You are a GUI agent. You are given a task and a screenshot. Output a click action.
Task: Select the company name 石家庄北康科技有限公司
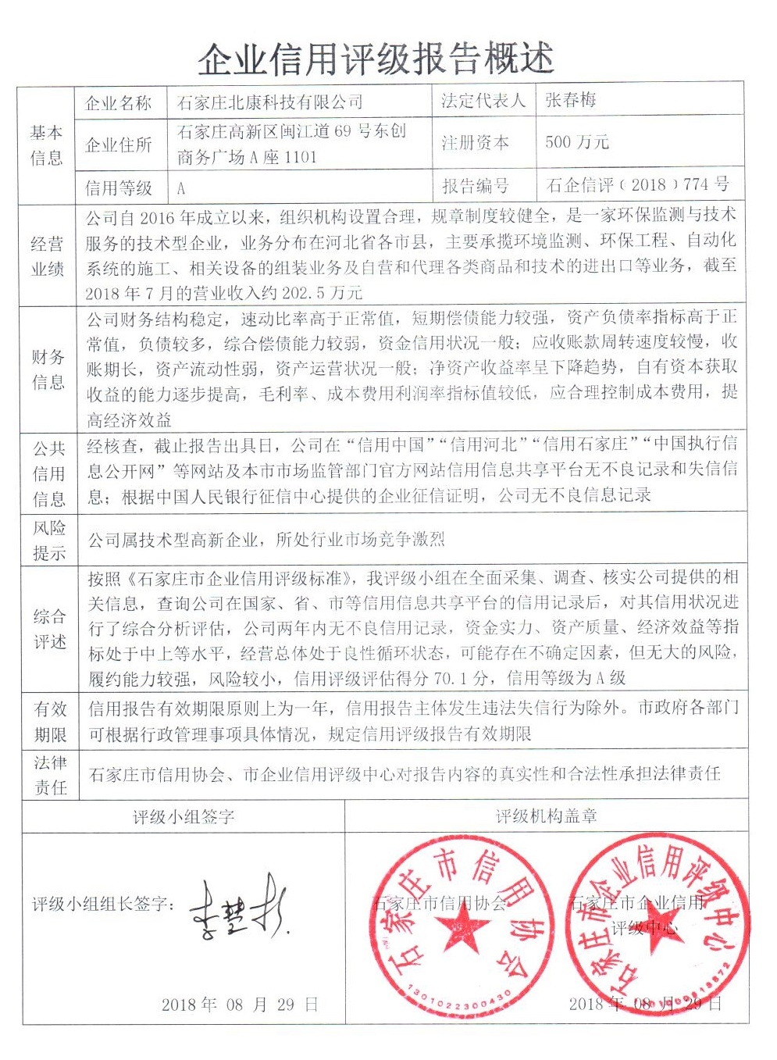[270, 102]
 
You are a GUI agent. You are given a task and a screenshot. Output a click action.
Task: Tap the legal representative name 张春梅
[571, 100]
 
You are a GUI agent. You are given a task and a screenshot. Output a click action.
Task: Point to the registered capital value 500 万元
[577, 142]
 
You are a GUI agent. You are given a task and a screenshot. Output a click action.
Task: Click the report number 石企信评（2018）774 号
[638, 185]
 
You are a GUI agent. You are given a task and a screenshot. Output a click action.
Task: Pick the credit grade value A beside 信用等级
[181, 188]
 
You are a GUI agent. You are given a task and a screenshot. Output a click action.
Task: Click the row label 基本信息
[46, 145]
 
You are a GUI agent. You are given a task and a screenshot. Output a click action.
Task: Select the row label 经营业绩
[47, 256]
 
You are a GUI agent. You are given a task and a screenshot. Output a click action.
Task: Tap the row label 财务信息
[48, 369]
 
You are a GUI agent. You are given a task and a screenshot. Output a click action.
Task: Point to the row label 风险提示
[48, 540]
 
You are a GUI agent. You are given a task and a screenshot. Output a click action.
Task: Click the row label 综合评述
[49, 629]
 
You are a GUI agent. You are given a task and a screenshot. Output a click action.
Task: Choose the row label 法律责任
[50, 774]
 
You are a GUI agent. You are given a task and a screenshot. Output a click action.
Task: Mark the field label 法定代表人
[483, 101]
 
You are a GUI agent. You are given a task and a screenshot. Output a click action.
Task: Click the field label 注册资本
[475, 143]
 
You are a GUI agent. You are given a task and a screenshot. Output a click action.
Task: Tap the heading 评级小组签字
[184, 817]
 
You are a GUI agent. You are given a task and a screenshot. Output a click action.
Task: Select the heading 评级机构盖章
[546, 816]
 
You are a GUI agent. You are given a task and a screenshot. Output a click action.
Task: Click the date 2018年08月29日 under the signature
[240, 1005]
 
